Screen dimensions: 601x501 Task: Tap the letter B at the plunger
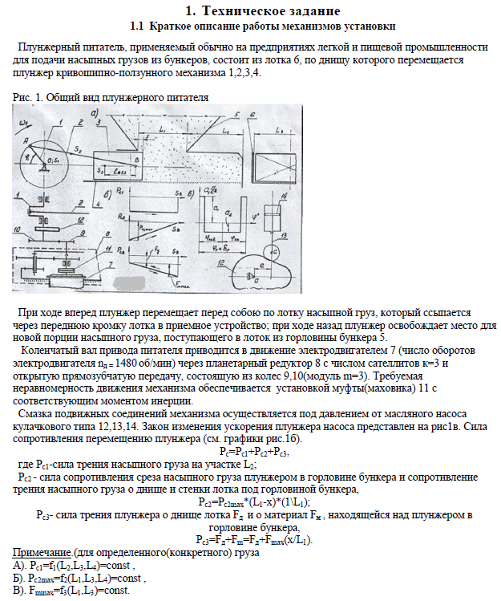139,160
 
